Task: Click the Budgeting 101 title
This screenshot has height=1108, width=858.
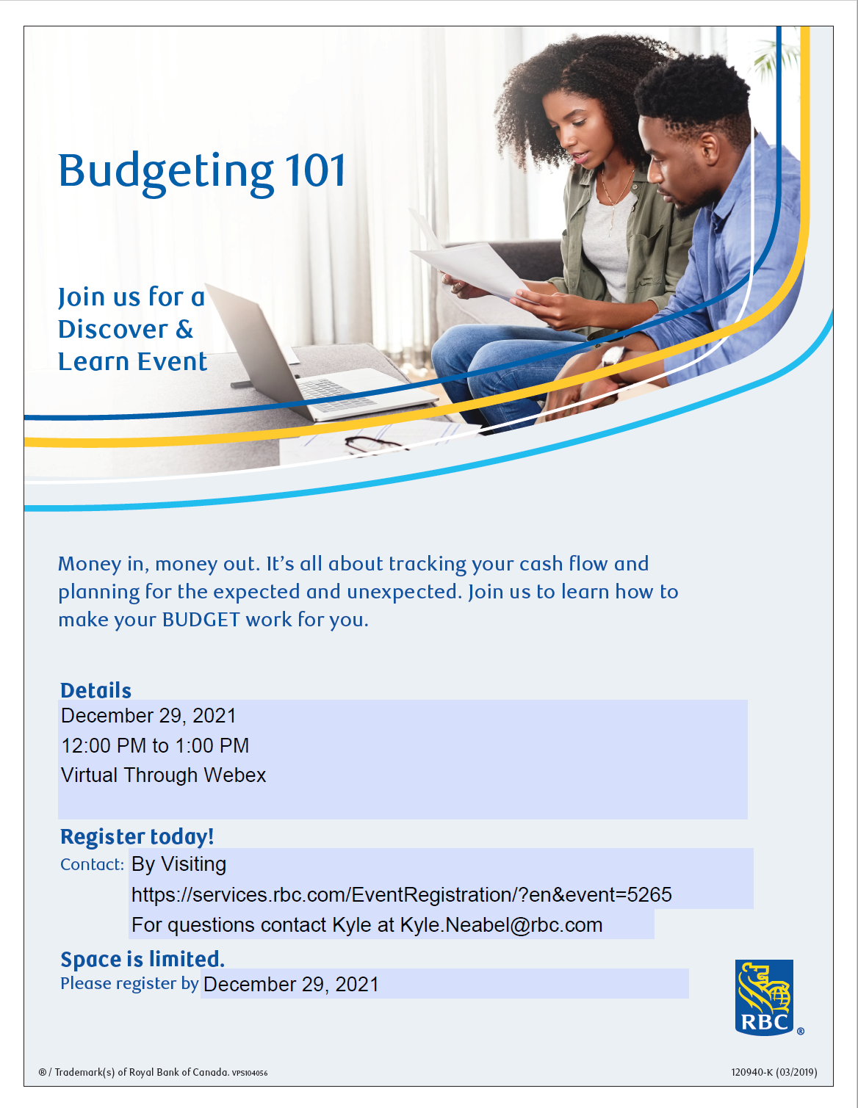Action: (x=203, y=173)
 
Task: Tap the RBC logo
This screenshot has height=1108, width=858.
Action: (x=764, y=997)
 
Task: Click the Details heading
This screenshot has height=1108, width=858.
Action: (x=96, y=690)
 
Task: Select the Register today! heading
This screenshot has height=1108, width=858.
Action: (x=137, y=837)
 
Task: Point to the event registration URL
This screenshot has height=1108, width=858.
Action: (x=402, y=894)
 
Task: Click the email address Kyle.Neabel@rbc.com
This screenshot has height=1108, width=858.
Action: (x=502, y=924)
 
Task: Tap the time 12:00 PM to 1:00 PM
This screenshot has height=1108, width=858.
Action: (x=155, y=745)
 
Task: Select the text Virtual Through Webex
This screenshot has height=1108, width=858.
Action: (x=163, y=775)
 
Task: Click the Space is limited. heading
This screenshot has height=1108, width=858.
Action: (x=143, y=959)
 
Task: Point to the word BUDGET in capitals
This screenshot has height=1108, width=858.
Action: (x=201, y=620)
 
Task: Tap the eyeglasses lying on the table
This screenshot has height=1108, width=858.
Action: (x=374, y=444)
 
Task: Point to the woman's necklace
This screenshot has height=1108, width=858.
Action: (x=616, y=199)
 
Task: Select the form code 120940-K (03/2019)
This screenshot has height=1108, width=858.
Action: (x=774, y=1072)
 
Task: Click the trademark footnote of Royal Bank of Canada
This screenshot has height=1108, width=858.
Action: (x=153, y=1072)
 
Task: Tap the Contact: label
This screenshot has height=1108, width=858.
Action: (x=93, y=864)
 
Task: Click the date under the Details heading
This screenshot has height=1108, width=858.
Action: (x=148, y=716)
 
